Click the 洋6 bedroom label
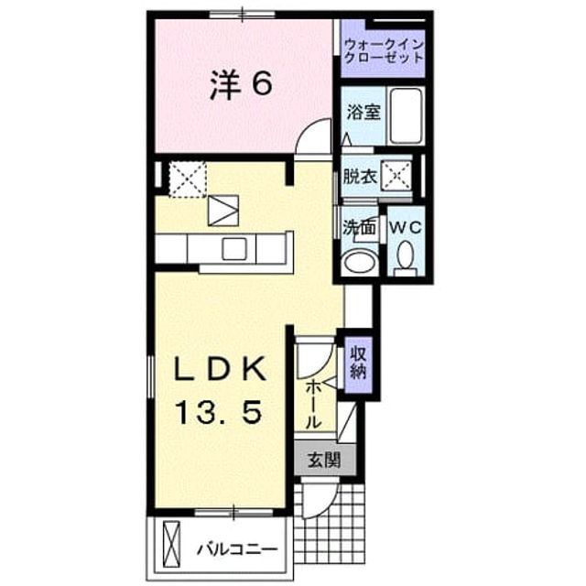241,85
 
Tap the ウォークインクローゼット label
384,51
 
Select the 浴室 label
364,112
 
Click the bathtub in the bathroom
406,115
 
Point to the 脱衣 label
360,177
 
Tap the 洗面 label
359,228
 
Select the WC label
406,227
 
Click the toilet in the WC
405,258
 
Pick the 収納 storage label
358,363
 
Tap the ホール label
313,405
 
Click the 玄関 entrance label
323,460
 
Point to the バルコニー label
238,549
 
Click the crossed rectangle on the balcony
171,545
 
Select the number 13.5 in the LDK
218,411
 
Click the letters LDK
221,368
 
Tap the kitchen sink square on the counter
234,249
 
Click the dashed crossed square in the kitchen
188,179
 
